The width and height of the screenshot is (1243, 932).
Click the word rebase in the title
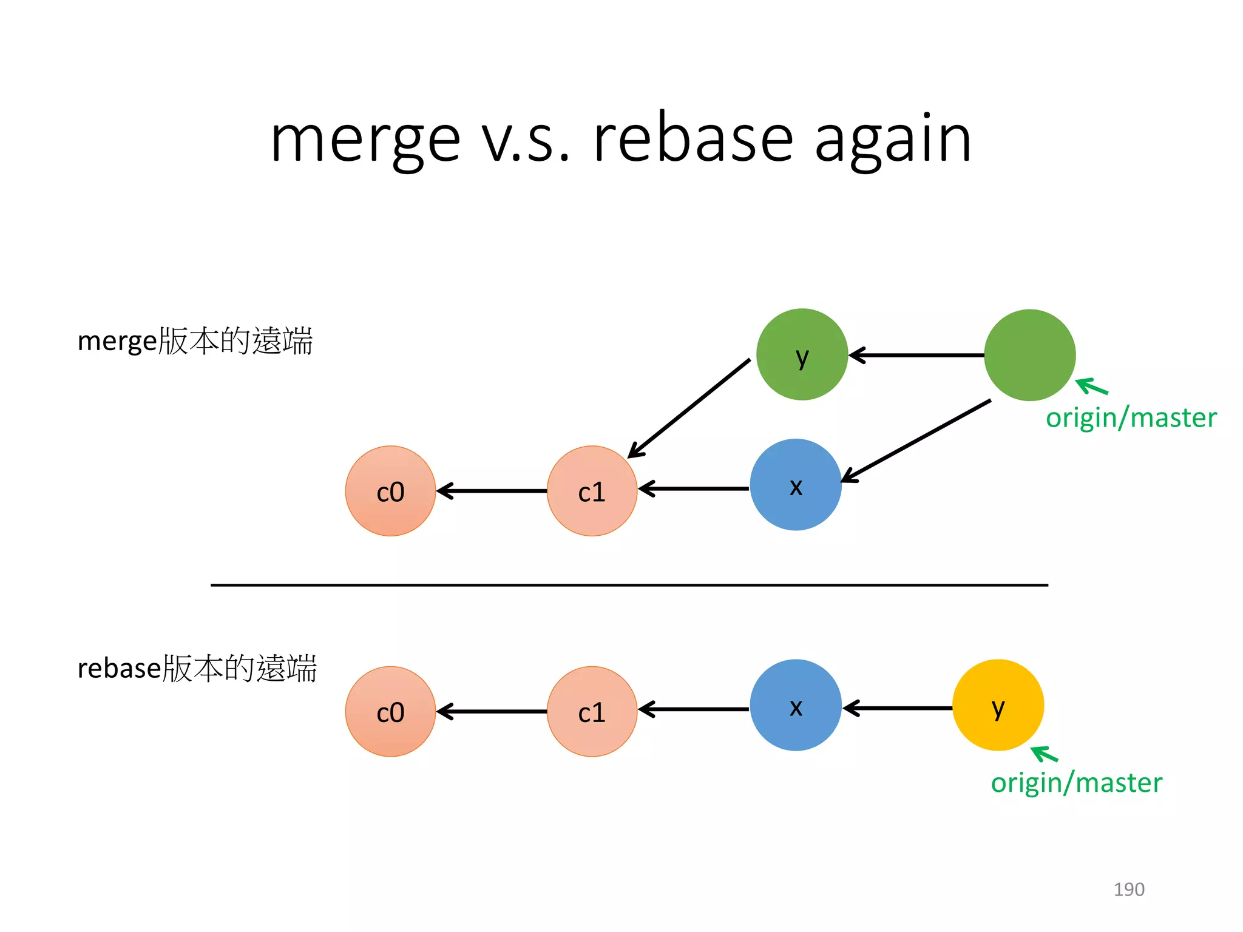693,140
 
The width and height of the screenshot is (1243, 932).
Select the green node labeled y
802,354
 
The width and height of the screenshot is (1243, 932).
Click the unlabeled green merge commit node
1029,355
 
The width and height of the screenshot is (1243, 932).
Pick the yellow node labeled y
998,705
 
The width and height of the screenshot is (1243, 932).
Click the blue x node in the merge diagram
795,485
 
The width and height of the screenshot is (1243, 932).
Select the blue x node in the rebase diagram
795,705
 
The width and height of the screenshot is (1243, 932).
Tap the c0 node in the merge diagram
390,491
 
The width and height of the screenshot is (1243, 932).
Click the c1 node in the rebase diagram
592,711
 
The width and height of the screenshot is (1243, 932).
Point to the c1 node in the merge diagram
592,491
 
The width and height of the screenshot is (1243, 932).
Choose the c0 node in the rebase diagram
390,711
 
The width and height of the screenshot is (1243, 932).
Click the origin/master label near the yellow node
1076,783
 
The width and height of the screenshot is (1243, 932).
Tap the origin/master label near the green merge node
1131,418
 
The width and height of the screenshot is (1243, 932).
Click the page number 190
1128,889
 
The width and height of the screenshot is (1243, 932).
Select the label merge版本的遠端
195,340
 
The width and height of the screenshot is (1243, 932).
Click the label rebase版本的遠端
197,668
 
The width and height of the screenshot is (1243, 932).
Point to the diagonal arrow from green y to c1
689,408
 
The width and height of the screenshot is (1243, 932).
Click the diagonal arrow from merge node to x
916,441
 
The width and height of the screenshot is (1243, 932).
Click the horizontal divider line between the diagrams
629,585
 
